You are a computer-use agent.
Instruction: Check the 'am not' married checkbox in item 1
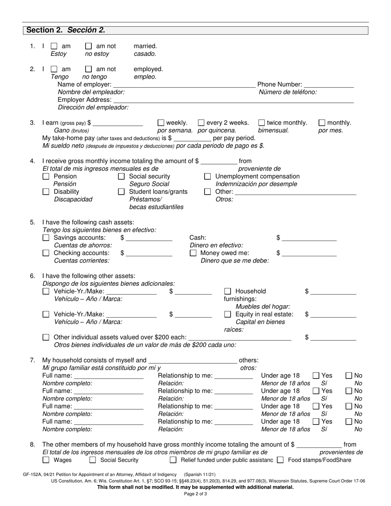coord(88,46)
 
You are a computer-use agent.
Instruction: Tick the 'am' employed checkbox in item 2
coord(54,69)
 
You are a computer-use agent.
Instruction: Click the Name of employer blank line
coord(184,85)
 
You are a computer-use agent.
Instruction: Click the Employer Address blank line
coord(233,100)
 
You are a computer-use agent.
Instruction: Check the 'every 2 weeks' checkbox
coord(201,123)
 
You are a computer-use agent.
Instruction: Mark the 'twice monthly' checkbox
coord(262,123)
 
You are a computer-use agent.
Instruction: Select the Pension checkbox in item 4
coord(46,176)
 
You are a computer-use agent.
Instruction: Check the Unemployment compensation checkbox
coord(208,176)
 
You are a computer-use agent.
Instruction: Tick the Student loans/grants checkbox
coord(121,192)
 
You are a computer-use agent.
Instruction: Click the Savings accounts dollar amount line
coord(149,238)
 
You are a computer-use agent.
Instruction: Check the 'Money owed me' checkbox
coord(193,253)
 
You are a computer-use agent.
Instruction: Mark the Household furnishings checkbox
coord(228,292)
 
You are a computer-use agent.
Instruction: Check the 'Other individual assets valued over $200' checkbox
coord(46,337)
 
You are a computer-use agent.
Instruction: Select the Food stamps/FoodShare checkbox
coord(280,460)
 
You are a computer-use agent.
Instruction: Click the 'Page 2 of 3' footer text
coord(195,494)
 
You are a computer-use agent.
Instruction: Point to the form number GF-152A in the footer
coord(34,474)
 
